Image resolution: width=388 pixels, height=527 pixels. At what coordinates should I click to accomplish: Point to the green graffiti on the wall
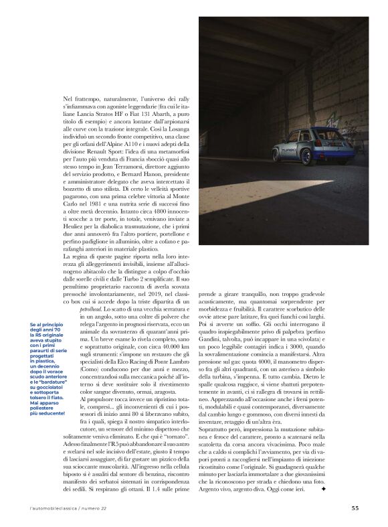pos(361,125)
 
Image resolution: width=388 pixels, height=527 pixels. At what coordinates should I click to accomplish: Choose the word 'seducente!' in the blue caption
pos(47,413)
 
